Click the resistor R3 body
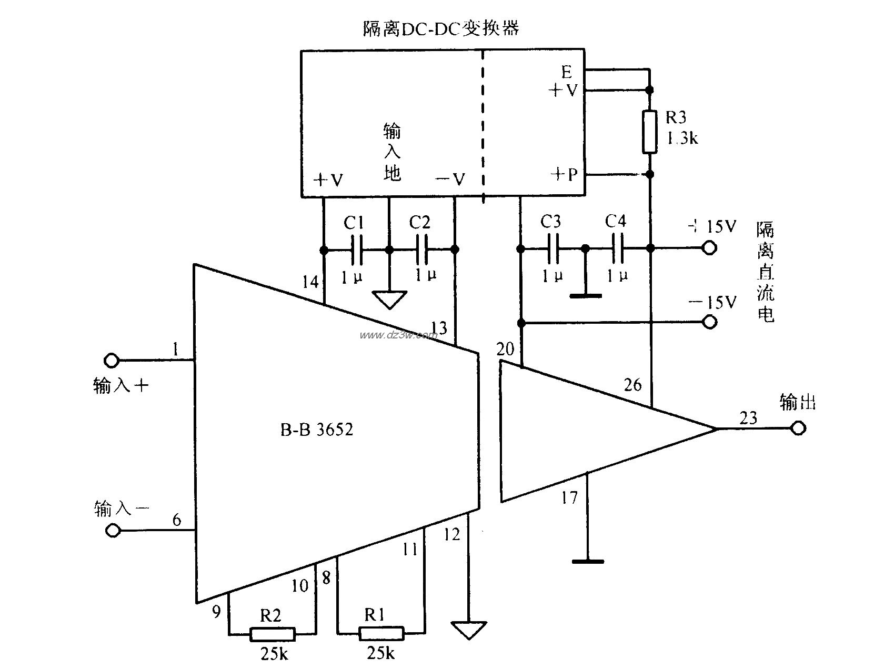[x=650, y=132]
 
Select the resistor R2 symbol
[x=272, y=634]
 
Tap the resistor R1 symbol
[x=381, y=633]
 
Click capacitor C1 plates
[x=356, y=250]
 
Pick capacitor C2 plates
[x=421, y=250]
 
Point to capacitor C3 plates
[x=552, y=248]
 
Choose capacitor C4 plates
[x=617, y=248]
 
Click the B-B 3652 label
[x=316, y=430]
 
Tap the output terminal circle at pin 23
[x=798, y=428]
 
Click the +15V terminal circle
[x=709, y=248]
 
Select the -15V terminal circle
[x=709, y=322]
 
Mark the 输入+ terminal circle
[x=112, y=361]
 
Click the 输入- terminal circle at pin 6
[x=112, y=529]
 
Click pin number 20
[x=506, y=349]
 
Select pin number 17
[x=569, y=497]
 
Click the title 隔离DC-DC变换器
[x=441, y=28]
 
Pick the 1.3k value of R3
[x=682, y=138]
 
